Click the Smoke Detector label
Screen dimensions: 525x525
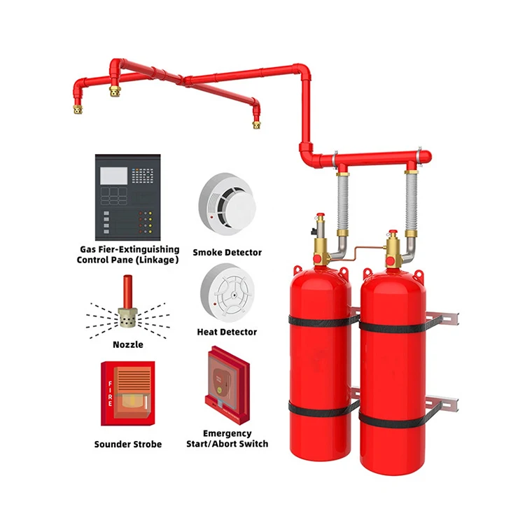click(x=227, y=252)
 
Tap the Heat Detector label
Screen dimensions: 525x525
click(x=227, y=332)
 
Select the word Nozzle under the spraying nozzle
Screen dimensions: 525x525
click(x=127, y=344)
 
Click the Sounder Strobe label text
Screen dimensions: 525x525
click(x=128, y=444)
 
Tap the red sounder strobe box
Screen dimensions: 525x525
click(x=128, y=393)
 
